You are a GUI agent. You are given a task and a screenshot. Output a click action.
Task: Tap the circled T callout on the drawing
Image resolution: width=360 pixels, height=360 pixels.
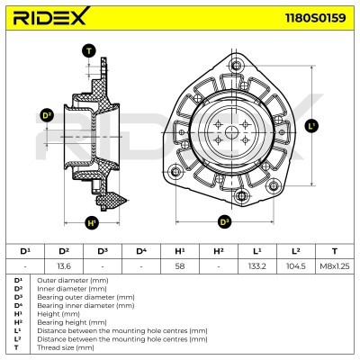(88, 51)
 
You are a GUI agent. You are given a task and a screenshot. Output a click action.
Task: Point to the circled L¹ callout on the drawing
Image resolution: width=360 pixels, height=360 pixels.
(310, 127)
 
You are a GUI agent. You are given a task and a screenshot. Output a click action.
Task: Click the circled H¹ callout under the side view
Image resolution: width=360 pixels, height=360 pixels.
(92, 222)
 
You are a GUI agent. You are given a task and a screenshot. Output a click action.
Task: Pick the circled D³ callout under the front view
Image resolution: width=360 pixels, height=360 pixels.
(225, 221)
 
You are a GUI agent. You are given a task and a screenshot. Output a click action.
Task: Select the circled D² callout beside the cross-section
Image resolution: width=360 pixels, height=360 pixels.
(48, 115)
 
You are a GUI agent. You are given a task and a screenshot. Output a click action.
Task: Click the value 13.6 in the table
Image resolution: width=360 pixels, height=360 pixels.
(64, 266)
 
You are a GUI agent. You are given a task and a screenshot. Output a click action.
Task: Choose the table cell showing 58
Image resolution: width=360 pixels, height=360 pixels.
(180, 266)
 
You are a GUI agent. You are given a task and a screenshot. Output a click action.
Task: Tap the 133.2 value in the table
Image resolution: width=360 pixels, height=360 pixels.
(257, 266)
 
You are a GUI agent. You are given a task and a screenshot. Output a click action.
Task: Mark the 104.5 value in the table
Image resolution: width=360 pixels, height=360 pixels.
(296, 266)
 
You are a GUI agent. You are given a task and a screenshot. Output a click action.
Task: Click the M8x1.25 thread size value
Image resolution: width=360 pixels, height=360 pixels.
(335, 266)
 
